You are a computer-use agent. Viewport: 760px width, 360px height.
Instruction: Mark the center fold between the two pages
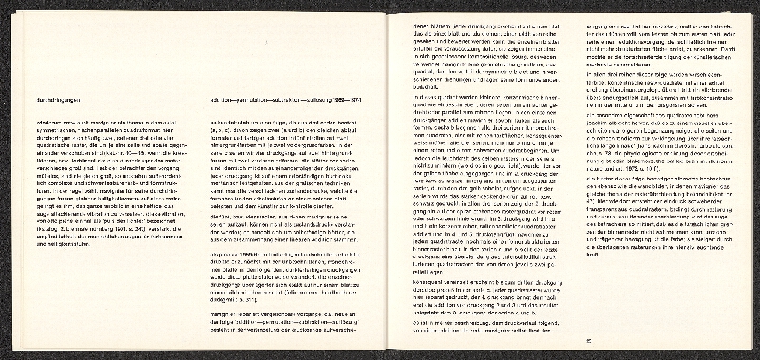[383, 180]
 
